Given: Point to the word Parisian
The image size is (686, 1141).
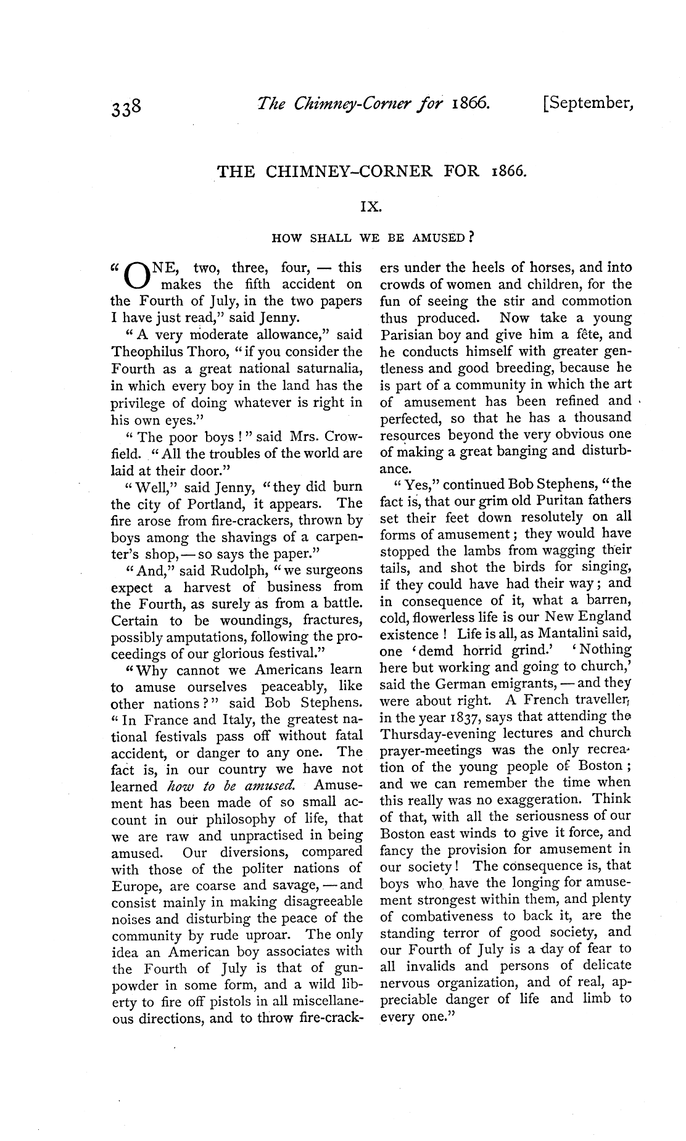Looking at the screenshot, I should (410, 336).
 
